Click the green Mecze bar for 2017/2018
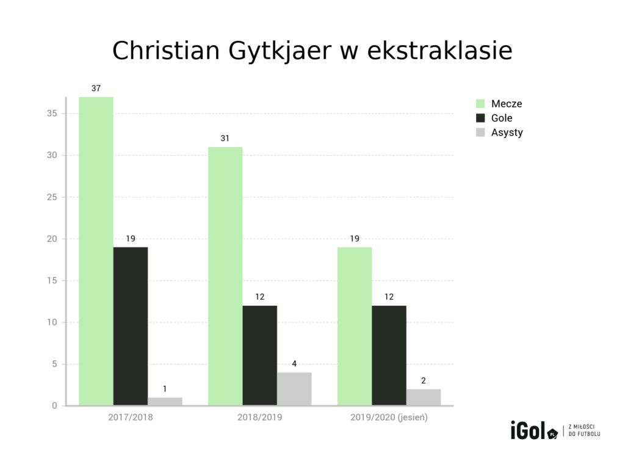click(96, 251)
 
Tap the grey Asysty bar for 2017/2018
click(165, 401)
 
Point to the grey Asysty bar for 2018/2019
click(294, 389)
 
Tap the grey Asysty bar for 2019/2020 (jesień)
click(424, 397)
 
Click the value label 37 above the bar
click(96, 89)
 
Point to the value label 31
click(225, 139)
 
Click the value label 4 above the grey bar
click(294, 364)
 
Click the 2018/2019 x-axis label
click(260, 418)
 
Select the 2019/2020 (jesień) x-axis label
click(389, 418)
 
